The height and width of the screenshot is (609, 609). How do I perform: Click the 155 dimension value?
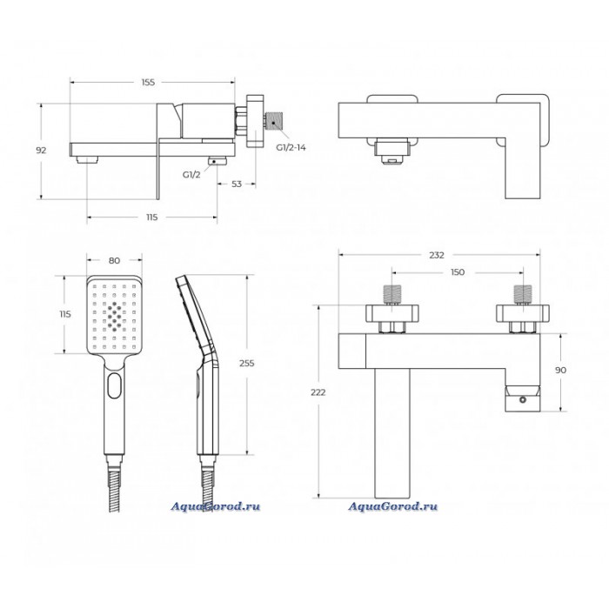148,83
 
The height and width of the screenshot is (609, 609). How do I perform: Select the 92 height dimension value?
41,151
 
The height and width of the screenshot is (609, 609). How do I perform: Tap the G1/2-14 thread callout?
291,148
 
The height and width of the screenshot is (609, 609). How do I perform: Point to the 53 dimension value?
237,184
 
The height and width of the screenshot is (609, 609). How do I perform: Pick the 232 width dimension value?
437,255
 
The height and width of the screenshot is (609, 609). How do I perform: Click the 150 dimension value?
458,272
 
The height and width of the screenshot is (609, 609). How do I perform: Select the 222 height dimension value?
318,392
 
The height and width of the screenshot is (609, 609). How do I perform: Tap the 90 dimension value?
560,371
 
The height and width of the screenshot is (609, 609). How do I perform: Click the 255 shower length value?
246,364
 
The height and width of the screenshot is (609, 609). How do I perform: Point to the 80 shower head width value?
114,261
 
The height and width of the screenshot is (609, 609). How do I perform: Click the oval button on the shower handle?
115,385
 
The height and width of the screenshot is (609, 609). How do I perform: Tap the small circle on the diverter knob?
522,398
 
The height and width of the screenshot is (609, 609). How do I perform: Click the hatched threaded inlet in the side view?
275,122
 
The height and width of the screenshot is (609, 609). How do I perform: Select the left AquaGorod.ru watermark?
215,506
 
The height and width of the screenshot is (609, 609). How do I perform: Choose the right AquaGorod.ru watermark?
392,506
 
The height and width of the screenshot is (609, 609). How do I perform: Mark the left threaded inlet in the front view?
392,295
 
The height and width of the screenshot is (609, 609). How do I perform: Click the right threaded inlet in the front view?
523,295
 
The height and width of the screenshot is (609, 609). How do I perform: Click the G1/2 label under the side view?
191,175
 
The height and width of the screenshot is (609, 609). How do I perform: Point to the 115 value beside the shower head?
65,314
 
